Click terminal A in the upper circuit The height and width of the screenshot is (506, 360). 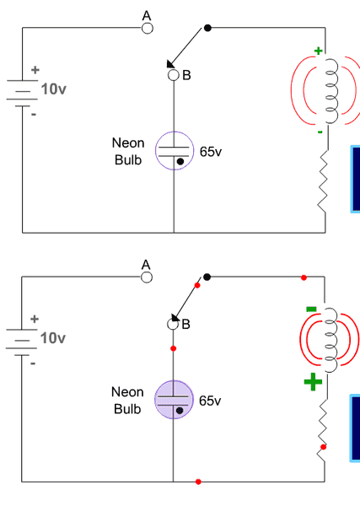pyautogui.click(x=148, y=29)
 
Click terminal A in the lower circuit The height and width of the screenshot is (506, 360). pyautogui.click(x=147, y=277)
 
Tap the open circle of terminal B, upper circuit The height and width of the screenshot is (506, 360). pyautogui.click(x=174, y=75)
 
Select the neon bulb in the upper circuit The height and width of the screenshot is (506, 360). pyautogui.click(x=175, y=151)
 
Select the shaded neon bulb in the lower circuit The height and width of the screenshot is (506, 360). pyautogui.click(x=174, y=400)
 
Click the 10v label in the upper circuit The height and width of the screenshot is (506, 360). pyautogui.click(x=54, y=89)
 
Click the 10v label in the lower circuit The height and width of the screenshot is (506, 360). pyautogui.click(x=53, y=338)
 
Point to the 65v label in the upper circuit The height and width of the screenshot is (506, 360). pyautogui.click(x=211, y=152)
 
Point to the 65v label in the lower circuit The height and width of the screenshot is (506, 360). pyautogui.click(x=210, y=401)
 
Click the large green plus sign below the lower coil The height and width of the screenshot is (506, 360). pyautogui.click(x=313, y=382)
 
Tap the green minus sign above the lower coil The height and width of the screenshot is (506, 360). pyautogui.click(x=311, y=310)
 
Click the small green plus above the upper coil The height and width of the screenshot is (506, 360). pyautogui.click(x=319, y=51)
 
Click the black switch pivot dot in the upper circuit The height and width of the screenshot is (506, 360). pyautogui.click(x=207, y=28)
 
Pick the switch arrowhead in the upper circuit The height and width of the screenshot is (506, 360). pyautogui.click(x=170, y=64)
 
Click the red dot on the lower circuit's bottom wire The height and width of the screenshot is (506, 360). pyautogui.click(x=198, y=482)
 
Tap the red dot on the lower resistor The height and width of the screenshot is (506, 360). pyautogui.click(x=323, y=447)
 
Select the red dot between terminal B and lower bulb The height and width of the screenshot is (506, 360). pyautogui.click(x=173, y=348)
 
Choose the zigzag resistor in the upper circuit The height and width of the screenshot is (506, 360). pyautogui.click(x=323, y=180)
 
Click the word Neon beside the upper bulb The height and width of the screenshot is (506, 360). pyautogui.click(x=128, y=143)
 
